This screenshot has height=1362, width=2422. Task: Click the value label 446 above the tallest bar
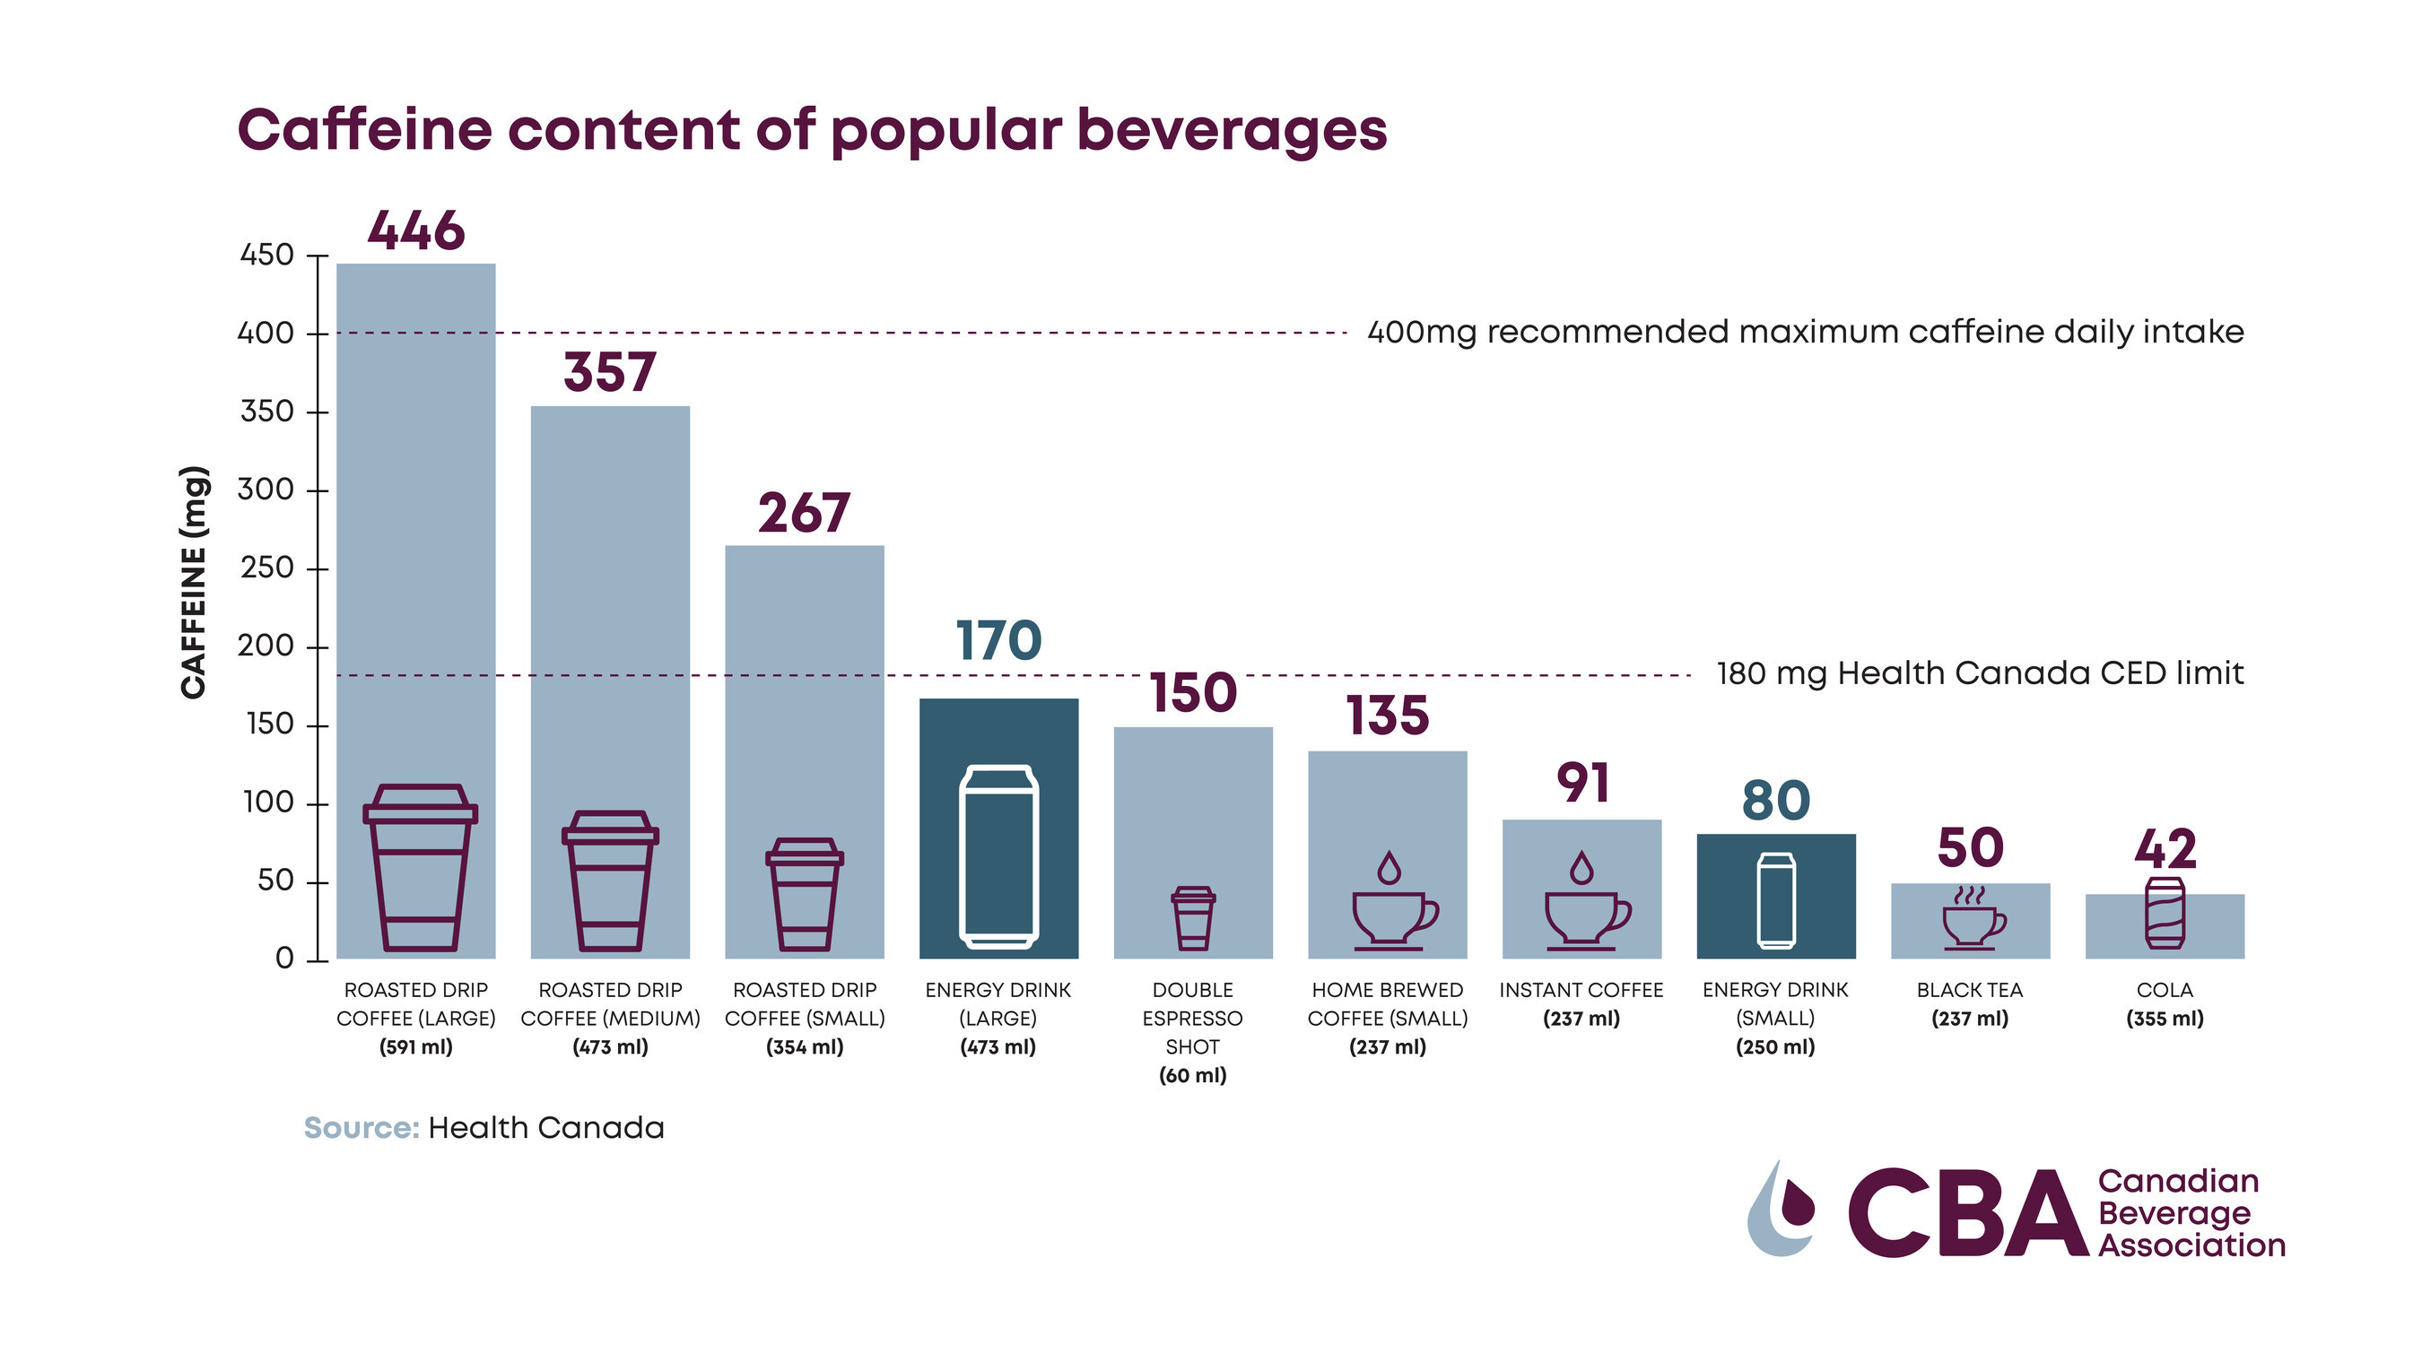click(415, 230)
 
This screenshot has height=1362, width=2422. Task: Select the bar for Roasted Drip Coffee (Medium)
click(610, 611)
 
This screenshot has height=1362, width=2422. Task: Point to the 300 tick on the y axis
click(266, 490)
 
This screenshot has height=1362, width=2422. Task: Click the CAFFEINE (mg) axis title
click(194, 582)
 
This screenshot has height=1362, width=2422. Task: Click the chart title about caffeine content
click(813, 130)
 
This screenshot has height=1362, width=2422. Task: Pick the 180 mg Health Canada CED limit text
click(1979, 674)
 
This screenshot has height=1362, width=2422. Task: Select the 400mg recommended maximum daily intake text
click(1805, 332)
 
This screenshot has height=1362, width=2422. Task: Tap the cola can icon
click(2165, 913)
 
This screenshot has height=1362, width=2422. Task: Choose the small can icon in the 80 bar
click(1776, 900)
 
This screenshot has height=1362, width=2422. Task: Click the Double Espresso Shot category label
click(1192, 1032)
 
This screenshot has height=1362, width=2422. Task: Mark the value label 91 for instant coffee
click(1582, 783)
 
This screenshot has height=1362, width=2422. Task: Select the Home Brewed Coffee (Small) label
click(1388, 1018)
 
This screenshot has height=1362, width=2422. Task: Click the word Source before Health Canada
click(361, 1128)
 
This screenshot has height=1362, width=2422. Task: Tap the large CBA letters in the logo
click(1967, 1213)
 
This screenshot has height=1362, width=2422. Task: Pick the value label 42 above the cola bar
click(2165, 850)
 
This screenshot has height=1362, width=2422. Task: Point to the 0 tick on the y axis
click(284, 959)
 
